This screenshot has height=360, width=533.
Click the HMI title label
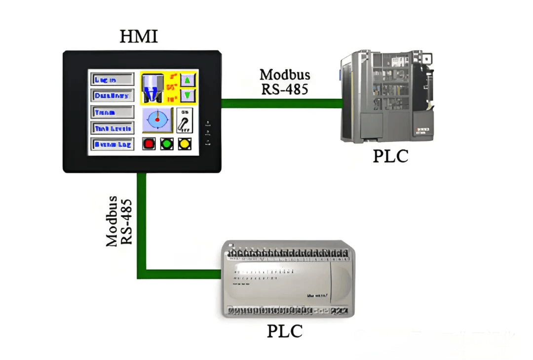point(139,36)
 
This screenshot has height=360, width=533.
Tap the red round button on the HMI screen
point(149,144)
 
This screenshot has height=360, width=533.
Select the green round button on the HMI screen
point(167,144)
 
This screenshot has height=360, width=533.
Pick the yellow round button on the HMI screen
point(185,144)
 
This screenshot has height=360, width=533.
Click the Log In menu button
point(112,80)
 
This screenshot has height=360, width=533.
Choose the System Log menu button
point(112,145)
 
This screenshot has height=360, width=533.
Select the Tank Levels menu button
point(112,128)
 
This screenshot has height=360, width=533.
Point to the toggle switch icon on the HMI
point(185,120)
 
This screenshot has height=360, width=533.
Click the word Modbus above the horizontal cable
point(285,75)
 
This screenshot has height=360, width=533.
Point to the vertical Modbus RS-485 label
point(119,221)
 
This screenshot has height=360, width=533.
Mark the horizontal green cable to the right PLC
point(281,103)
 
